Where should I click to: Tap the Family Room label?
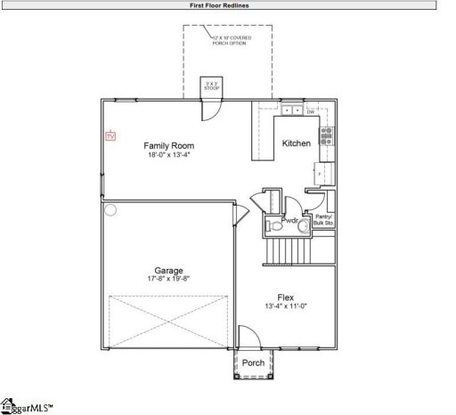tap(169, 145)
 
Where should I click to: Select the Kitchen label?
tap(296, 143)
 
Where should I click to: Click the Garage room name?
tap(168, 270)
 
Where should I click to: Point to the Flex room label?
tap(286, 297)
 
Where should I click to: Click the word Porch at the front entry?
tap(253, 362)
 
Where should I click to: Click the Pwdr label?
tap(290, 220)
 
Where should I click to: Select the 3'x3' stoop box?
tap(212, 85)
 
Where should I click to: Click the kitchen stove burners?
tap(326, 135)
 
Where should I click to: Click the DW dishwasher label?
tap(310, 111)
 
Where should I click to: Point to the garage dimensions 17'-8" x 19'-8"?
tap(168, 279)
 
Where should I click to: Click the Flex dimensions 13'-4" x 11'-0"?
tap(286, 306)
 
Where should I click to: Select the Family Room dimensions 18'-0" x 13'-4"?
tap(169, 154)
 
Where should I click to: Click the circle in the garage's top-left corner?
tap(110, 211)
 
